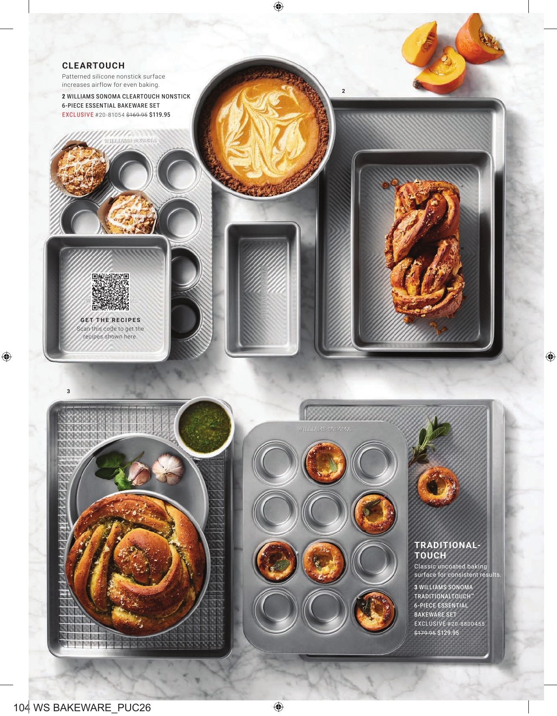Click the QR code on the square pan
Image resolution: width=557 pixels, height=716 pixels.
(110, 292)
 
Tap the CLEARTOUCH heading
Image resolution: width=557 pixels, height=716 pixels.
(94, 66)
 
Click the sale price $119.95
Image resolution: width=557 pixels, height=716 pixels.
(160, 115)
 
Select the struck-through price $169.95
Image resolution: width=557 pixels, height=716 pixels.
(137, 115)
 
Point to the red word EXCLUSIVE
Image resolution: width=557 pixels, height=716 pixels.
(78, 115)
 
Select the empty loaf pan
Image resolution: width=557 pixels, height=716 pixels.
(262, 289)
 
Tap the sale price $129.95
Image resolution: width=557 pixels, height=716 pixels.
(448, 633)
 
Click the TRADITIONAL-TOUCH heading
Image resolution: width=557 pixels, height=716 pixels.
(447, 550)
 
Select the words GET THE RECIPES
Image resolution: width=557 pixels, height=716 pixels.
(110, 320)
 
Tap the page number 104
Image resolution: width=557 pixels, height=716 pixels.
(20, 707)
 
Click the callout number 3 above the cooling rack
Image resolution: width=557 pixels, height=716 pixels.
(69, 391)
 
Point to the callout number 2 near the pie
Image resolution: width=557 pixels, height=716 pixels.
(344, 91)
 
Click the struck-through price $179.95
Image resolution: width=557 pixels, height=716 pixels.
(425, 633)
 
